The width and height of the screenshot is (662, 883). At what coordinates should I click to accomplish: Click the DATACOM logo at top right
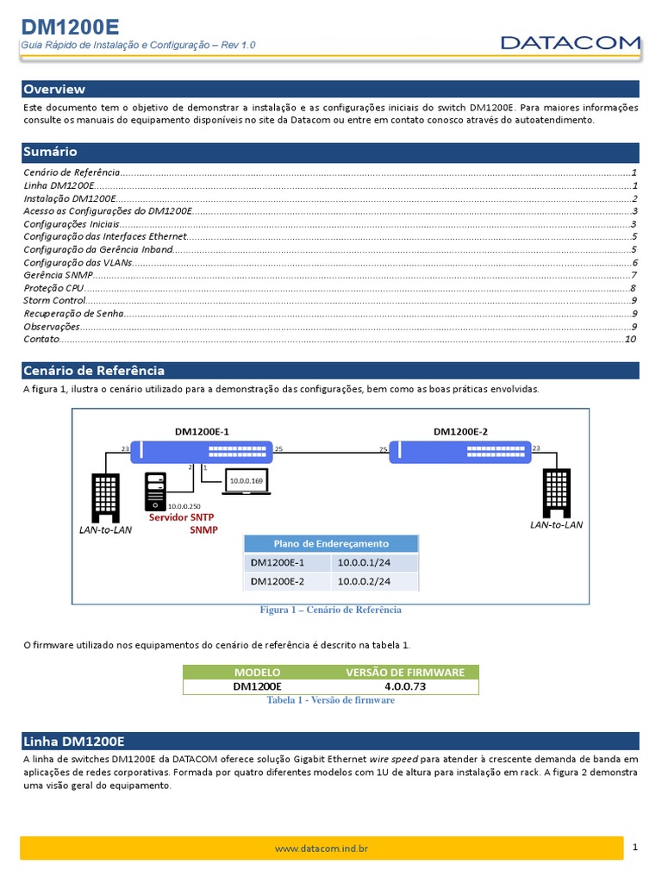click(x=571, y=41)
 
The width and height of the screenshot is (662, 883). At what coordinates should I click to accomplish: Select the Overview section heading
click(x=54, y=89)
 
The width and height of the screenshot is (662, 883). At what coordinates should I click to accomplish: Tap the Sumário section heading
click(x=51, y=151)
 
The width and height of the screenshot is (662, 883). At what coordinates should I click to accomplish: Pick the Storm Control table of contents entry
click(x=54, y=300)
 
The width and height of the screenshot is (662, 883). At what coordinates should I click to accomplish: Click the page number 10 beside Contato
click(x=630, y=340)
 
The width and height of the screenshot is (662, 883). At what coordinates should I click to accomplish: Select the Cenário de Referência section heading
click(x=94, y=371)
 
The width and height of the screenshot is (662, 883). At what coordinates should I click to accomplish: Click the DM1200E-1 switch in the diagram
click(x=202, y=451)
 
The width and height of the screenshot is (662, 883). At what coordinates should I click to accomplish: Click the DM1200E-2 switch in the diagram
click(x=460, y=451)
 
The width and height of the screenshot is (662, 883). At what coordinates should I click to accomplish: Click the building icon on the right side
click(x=556, y=492)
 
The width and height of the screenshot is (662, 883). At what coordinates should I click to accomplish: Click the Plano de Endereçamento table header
click(x=331, y=543)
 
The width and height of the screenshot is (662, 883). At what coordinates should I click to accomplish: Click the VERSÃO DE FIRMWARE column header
click(x=405, y=672)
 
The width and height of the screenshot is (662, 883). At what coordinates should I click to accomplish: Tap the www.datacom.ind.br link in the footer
click(x=322, y=849)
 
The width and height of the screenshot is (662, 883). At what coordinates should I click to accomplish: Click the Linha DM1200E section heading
click(x=75, y=741)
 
